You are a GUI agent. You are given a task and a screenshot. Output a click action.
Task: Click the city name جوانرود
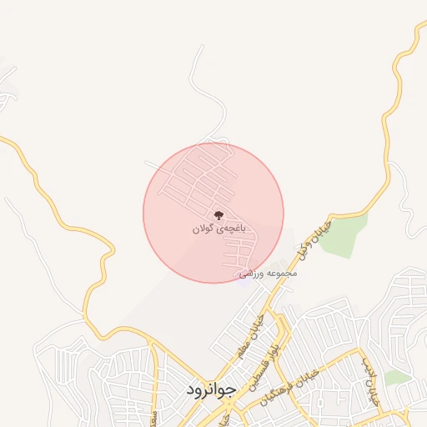pos(211,389)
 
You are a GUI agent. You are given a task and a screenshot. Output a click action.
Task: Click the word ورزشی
pos(253,274)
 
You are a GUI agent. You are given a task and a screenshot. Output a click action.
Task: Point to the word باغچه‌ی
pos(231,227)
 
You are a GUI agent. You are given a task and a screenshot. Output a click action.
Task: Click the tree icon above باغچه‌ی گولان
pos(219,214)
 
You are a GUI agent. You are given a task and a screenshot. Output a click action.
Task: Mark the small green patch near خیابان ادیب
pos(397,378)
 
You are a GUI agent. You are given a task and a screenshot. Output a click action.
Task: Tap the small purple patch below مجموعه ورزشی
pos(243,280)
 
